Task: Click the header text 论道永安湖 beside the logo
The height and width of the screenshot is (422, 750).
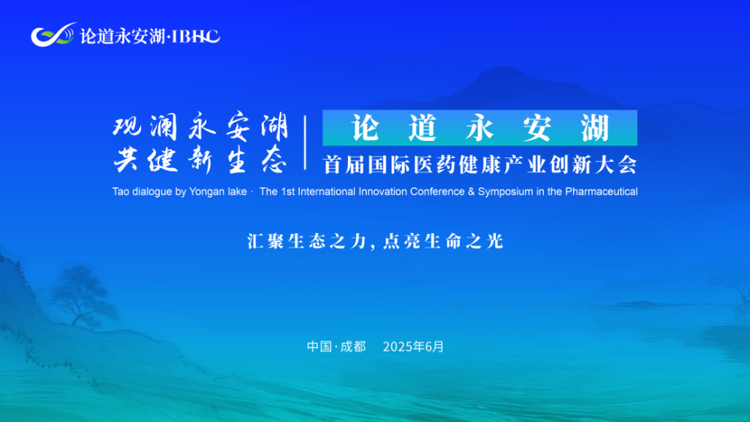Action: coord(122,36)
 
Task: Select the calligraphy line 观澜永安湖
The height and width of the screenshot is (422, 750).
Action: coord(200,128)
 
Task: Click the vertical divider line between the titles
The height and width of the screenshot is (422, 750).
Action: coord(305,142)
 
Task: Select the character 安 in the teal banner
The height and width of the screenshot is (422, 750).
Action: coord(537,129)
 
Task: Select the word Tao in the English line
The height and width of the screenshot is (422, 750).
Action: coord(121,192)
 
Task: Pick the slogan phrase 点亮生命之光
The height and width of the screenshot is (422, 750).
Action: coord(442,241)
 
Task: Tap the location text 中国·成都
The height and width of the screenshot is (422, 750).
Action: coord(336,347)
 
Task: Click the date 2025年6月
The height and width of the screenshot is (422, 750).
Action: coord(413,347)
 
